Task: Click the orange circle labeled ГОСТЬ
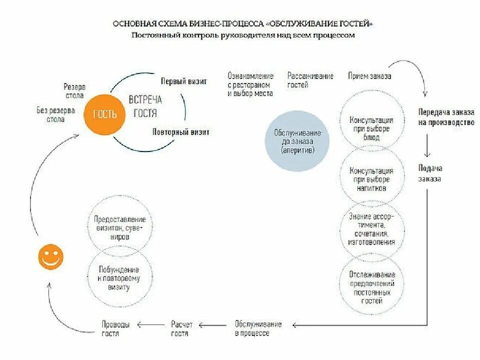tap(105, 114)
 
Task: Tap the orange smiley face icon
tap(50, 257)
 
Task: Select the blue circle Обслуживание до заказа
tap(297, 141)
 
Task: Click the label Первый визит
tap(183, 81)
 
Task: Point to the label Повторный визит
tap(180, 132)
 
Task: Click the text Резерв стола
tap(74, 90)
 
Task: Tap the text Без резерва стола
tap(55, 115)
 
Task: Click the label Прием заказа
tap(369, 76)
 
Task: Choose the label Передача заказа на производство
tap(446, 117)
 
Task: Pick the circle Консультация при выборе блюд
tap(371, 124)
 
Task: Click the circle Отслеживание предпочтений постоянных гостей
tap(371, 287)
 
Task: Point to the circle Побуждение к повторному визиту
tap(119, 278)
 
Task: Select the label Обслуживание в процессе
tap(258, 328)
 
